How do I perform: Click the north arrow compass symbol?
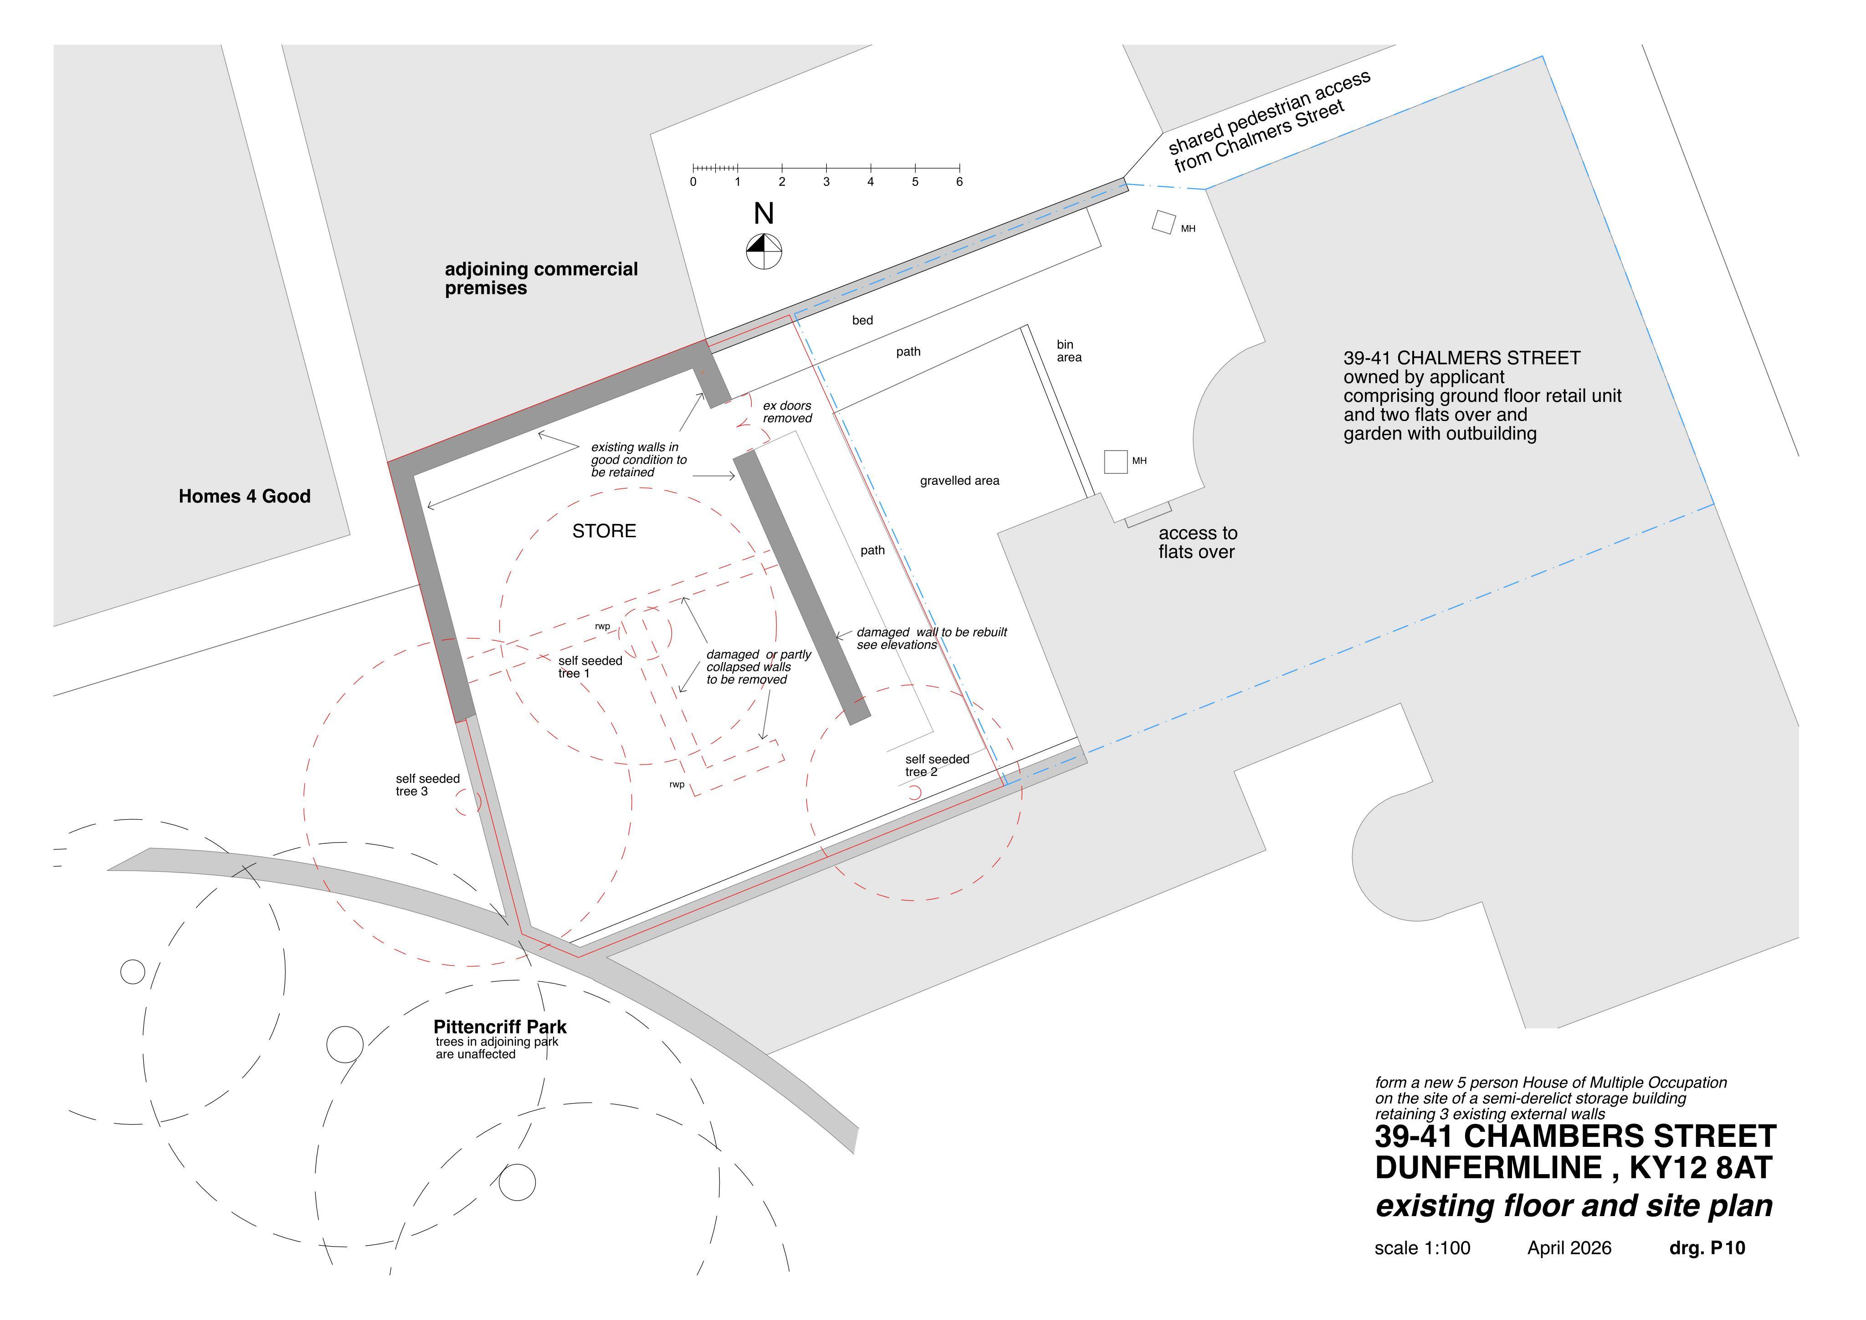click(764, 251)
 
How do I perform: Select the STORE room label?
click(604, 531)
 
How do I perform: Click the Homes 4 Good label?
click(245, 496)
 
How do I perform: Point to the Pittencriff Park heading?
click(500, 1027)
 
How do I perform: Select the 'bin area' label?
click(1069, 351)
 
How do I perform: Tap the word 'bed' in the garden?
click(862, 320)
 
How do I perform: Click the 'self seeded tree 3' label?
click(427, 785)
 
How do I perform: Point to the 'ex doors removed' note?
click(787, 412)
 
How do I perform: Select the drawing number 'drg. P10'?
click(1707, 1248)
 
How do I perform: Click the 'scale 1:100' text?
click(1422, 1248)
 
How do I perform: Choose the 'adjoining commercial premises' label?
click(541, 278)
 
